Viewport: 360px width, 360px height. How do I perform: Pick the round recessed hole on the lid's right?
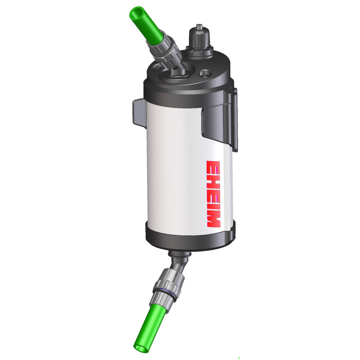[x=205, y=72]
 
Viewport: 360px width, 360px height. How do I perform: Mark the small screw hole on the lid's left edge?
[x=155, y=69]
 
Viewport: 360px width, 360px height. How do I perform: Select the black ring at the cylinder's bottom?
[x=189, y=238]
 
